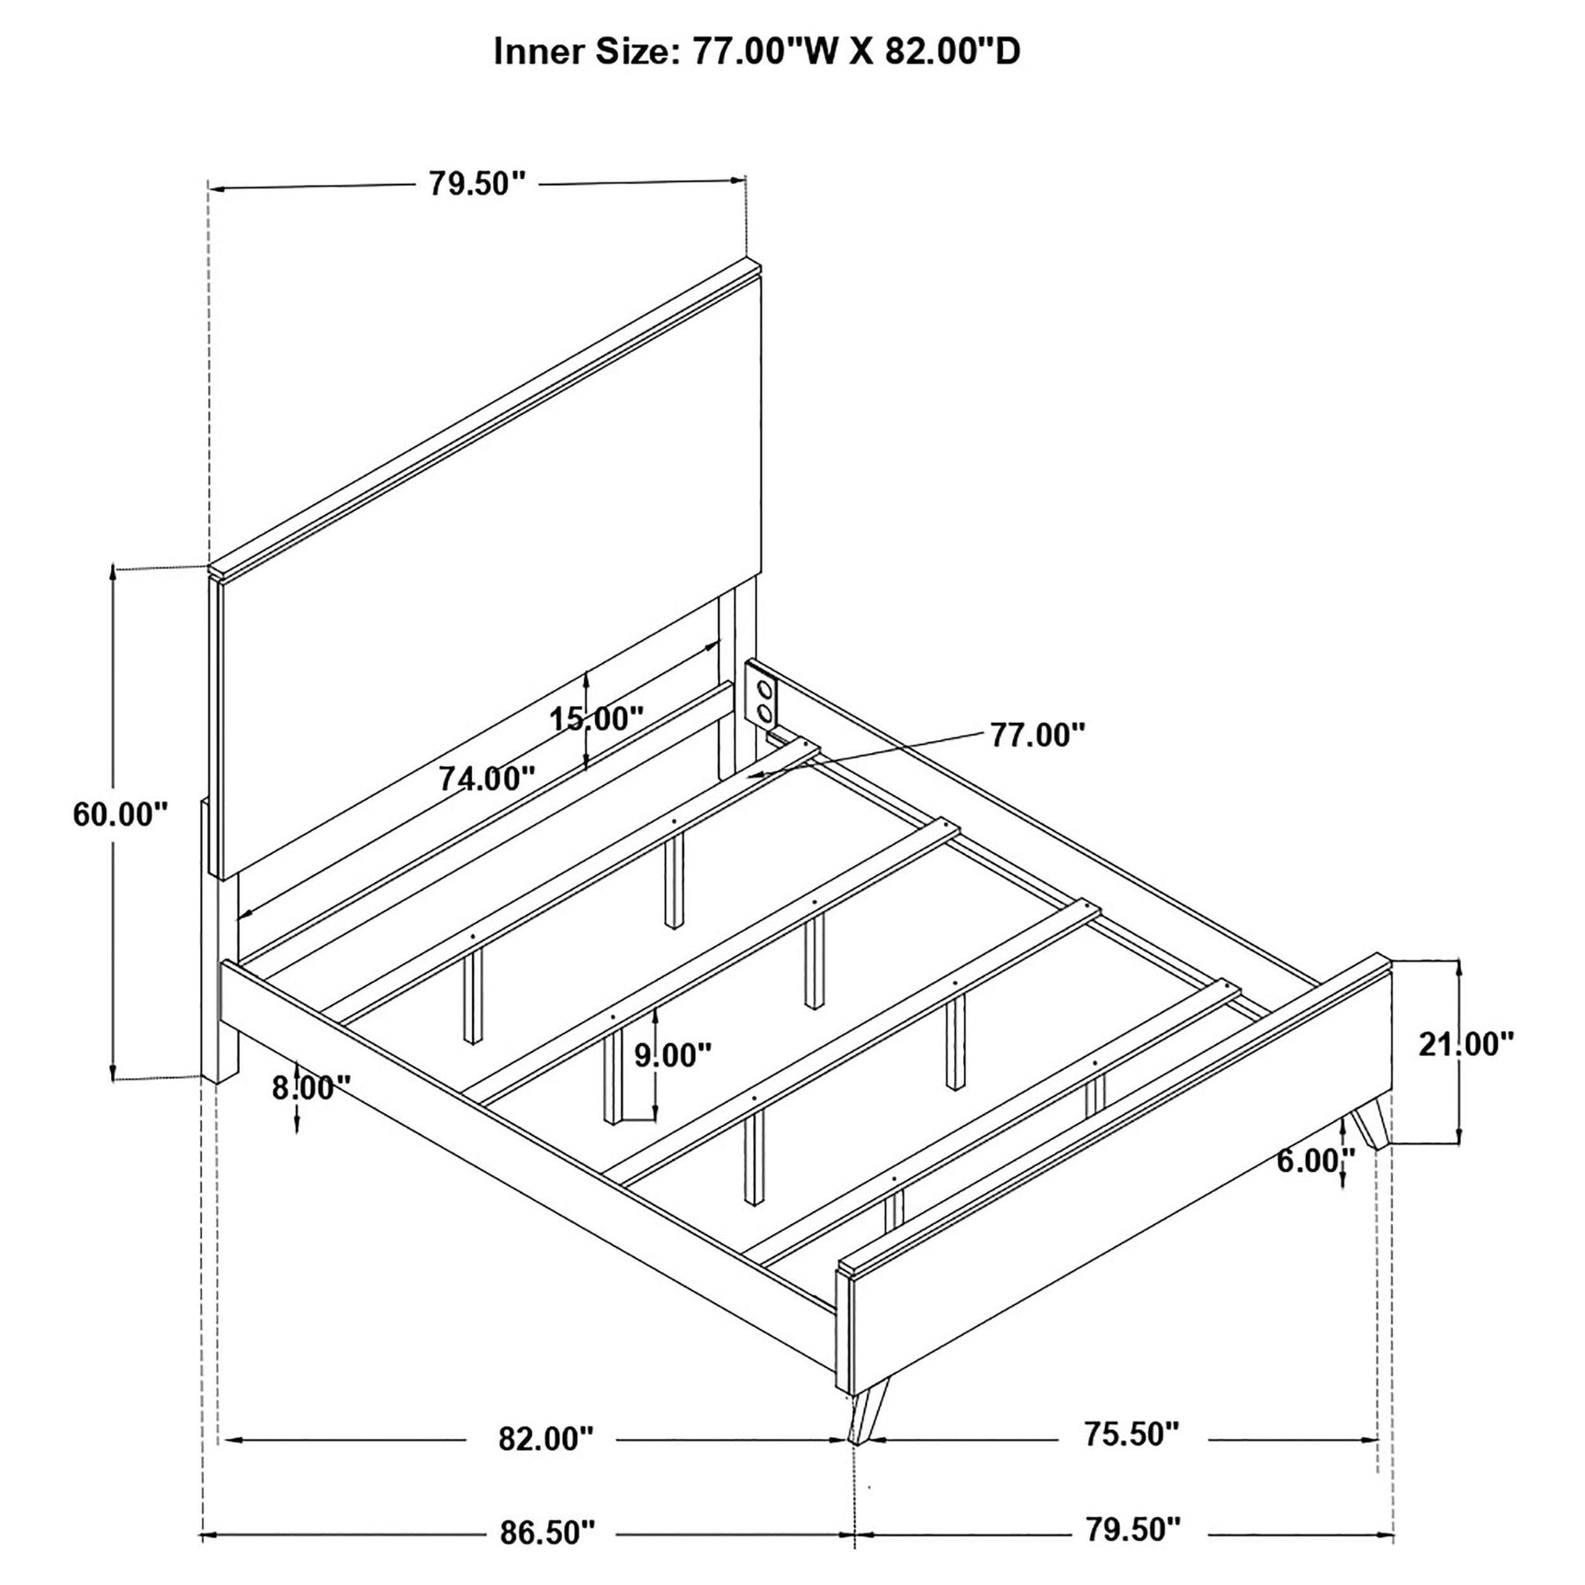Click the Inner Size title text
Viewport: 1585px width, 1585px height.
pyautogui.click(x=757, y=52)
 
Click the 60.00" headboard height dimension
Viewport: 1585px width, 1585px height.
pyautogui.click(x=120, y=814)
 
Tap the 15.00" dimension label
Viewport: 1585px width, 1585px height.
pyautogui.click(x=597, y=718)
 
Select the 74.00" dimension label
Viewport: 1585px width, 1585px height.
pyautogui.click(x=487, y=779)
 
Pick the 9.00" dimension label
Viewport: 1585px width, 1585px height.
pyautogui.click(x=673, y=1055)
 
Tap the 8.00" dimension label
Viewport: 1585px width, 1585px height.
pyautogui.click(x=312, y=1088)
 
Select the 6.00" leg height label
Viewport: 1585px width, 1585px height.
pyautogui.click(x=1316, y=1161)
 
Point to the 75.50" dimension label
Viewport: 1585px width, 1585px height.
pyautogui.click(x=1130, y=1433)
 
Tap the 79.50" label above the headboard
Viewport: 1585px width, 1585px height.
pyautogui.click(x=478, y=184)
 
